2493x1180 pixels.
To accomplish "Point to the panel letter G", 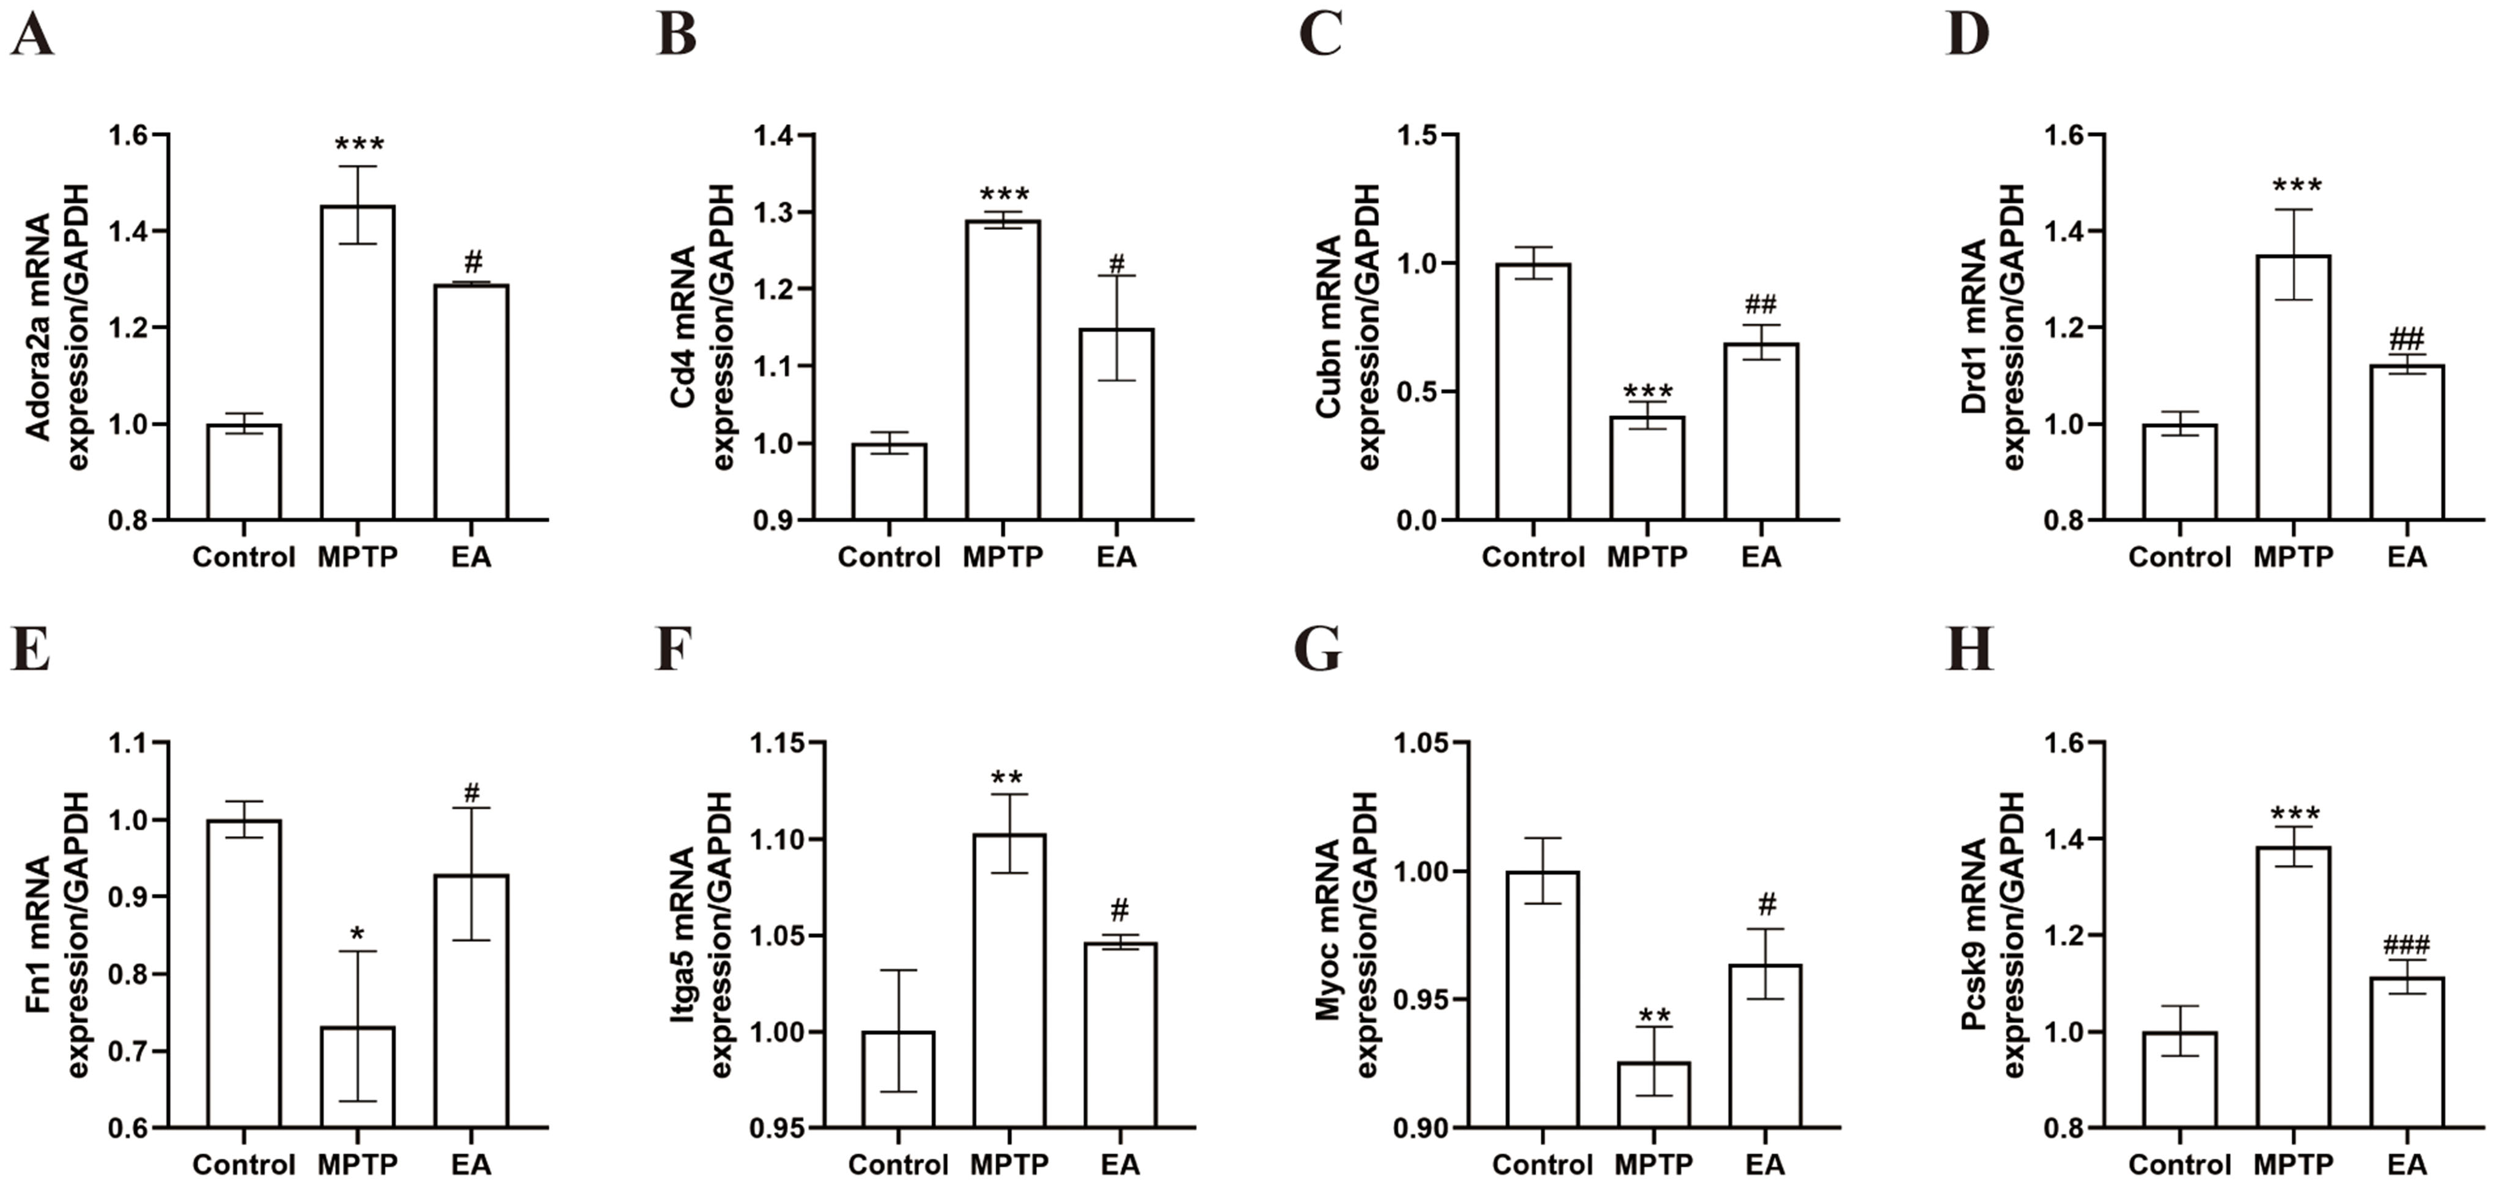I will point(1317,650).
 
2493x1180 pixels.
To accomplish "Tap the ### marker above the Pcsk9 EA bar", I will point(2407,944).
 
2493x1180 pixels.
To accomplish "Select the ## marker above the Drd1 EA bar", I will point(2407,339).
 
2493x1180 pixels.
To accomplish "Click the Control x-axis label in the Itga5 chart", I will point(898,1163).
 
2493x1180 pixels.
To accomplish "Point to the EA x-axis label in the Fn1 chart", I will point(471,1163).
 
